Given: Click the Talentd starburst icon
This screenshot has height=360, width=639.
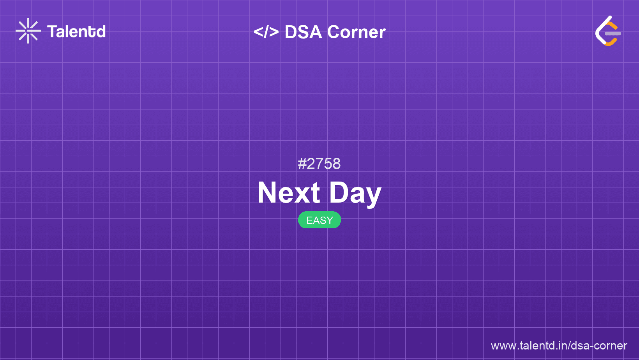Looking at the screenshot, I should [28, 31].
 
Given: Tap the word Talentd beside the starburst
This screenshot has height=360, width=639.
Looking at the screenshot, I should [76, 32].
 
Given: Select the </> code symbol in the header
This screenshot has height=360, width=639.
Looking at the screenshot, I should [266, 32].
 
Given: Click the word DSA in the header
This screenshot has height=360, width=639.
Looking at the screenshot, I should [303, 32].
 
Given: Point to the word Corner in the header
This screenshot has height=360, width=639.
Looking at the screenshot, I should [356, 32].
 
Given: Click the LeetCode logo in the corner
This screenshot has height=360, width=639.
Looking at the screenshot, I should [608, 31].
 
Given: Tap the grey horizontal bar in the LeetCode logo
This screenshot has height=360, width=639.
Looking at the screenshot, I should [613, 34].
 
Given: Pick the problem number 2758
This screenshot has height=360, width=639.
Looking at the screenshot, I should [324, 164].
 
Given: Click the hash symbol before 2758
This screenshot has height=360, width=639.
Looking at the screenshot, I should [302, 164].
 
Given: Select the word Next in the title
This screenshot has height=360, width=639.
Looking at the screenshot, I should [289, 192].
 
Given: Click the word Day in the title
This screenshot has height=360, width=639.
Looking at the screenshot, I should [355, 192].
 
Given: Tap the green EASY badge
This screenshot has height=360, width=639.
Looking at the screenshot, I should [319, 220].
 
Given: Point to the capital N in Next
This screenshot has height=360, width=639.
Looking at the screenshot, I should [267, 192].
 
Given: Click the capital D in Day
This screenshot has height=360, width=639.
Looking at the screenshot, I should [339, 192].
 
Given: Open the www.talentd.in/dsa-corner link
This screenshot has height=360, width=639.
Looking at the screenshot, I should [559, 346].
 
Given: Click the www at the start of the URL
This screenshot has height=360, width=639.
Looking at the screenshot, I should [502, 346].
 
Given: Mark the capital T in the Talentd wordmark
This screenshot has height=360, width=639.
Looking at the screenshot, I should [52, 32].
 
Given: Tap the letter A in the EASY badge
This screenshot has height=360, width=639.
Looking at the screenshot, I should [316, 221].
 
